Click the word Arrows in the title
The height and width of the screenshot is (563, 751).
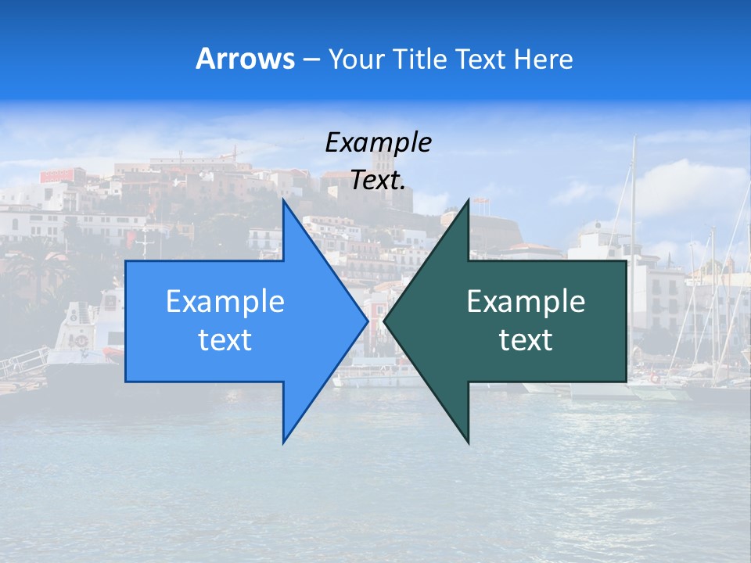click(245, 59)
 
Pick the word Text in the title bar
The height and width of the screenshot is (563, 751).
click(481, 59)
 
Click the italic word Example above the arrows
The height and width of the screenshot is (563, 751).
click(378, 142)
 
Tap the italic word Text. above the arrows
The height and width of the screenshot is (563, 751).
click(378, 181)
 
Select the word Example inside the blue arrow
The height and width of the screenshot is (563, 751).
click(225, 301)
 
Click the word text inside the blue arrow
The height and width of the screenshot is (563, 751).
click(225, 339)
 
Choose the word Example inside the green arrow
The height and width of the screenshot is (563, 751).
click(526, 301)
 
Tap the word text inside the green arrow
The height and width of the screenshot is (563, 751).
click(526, 339)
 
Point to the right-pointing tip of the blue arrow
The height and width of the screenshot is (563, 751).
click(367, 321)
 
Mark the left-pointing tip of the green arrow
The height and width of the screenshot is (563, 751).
click(385, 321)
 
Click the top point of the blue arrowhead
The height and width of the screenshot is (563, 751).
click(284, 200)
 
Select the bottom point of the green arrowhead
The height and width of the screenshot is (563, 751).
click(468, 443)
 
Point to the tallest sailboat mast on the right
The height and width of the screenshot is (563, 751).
click(634, 195)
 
